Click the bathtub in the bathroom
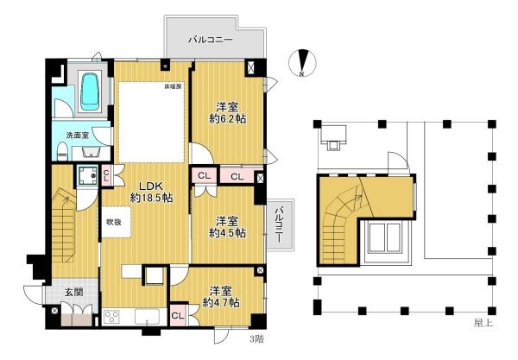[91, 92]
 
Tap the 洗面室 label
[78, 136]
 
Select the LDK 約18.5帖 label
[151, 192]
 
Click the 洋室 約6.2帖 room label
[228, 113]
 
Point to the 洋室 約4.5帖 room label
[228, 227]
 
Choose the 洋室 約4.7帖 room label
[221, 297]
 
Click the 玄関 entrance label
[73, 292]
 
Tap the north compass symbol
[302, 63]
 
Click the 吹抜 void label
[114, 222]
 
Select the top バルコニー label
[211, 40]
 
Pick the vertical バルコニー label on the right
[280, 224]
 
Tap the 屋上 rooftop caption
[483, 323]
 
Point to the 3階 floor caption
[256, 339]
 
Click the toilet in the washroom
[62, 151]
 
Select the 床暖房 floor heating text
[174, 87]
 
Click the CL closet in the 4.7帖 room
[178, 316]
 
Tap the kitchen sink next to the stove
[147, 317]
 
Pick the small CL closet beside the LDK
[106, 175]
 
